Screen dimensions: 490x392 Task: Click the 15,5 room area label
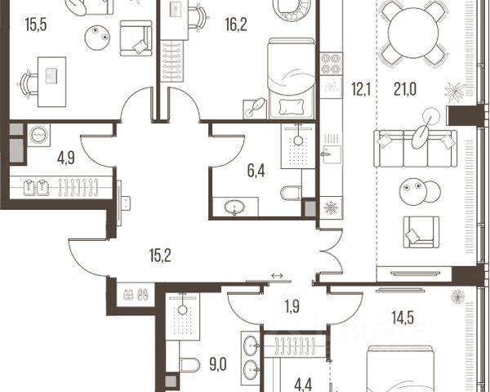pos(36,24)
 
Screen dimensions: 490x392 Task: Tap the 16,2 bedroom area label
pos(236,24)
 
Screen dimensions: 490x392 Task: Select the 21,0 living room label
pos(405,90)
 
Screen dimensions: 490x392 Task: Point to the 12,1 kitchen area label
pos(361,90)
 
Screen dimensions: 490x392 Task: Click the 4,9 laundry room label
pos(65,158)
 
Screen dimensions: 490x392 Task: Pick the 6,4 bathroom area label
pos(256,171)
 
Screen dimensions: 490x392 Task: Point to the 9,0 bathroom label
pos(218,365)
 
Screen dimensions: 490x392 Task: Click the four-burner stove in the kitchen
pos(331,64)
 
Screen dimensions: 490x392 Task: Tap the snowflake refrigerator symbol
pos(331,208)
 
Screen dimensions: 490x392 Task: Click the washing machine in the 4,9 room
pos(38,135)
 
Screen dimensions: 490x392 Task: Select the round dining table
pos(412,33)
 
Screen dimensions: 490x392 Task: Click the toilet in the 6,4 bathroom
pos(291,193)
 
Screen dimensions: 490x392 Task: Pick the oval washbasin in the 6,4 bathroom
pos(234,207)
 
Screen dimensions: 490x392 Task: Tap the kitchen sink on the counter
pos(332,154)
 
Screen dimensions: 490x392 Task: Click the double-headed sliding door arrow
pos(277,275)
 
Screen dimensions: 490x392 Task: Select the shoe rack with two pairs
pos(136,295)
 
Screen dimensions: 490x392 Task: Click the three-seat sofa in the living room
pos(416,149)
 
